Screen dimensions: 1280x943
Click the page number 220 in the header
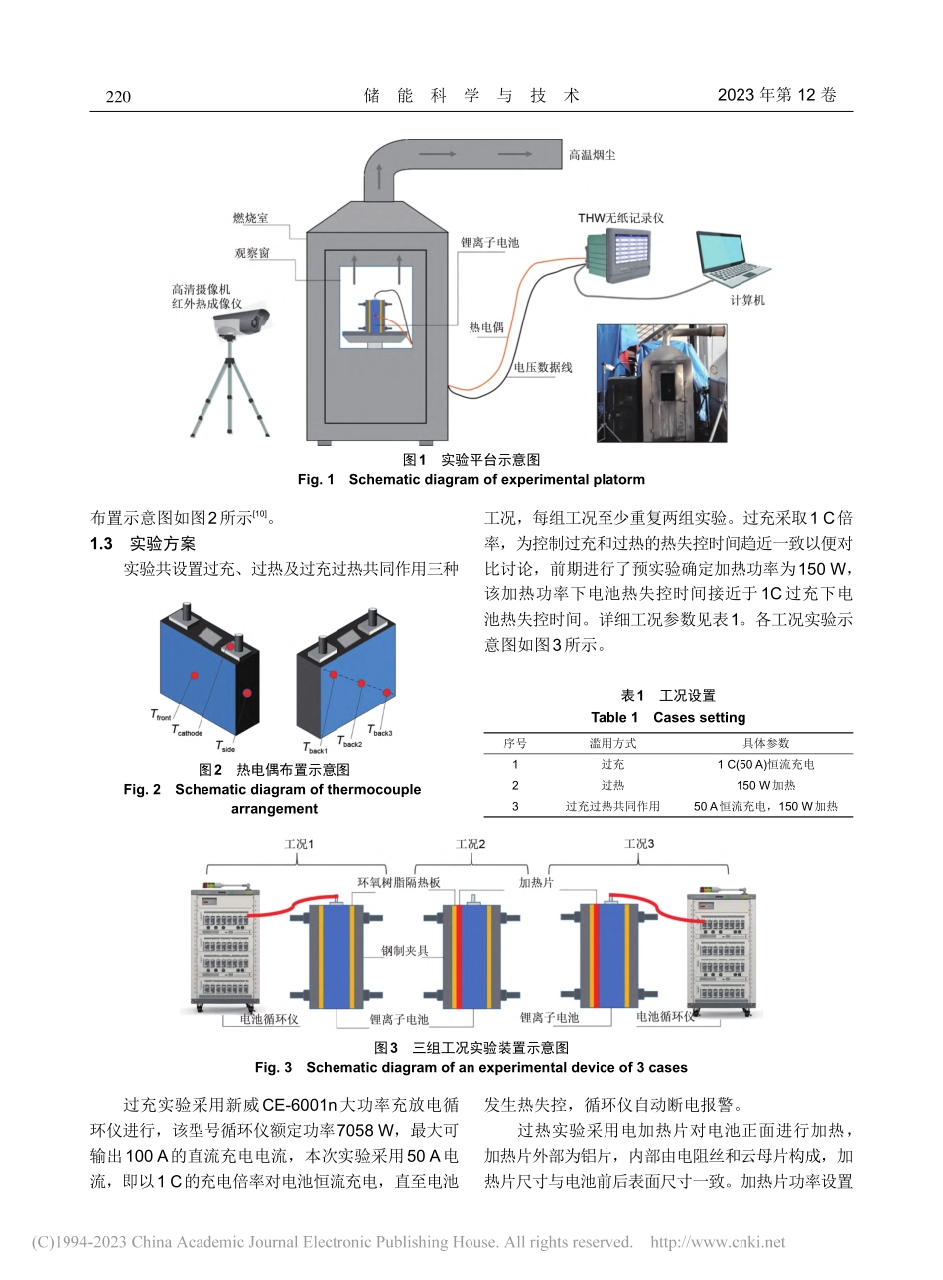[117, 96]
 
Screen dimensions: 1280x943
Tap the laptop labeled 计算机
[732, 261]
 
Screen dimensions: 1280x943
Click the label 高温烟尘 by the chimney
[593, 156]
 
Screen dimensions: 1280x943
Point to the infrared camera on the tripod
[243, 320]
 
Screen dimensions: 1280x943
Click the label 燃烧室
[250, 218]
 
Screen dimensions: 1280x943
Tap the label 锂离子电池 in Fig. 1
[489, 242]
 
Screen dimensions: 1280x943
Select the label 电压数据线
[542, 368]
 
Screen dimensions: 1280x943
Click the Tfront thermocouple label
[161, 715]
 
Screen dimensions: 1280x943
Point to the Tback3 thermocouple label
[380, 731]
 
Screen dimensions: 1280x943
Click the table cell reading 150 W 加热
[765, 785]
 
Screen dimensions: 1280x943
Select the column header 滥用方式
[612, 743]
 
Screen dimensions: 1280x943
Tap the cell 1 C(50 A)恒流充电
[765, 764]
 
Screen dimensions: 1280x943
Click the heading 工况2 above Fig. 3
[471, 844]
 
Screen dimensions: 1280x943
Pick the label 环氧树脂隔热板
[399, 882]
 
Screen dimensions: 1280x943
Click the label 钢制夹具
[405, 950]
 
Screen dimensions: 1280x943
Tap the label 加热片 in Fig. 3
[536, 882]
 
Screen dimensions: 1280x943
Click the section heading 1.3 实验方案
[143, 544]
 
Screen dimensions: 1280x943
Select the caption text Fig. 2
[142, 790]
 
